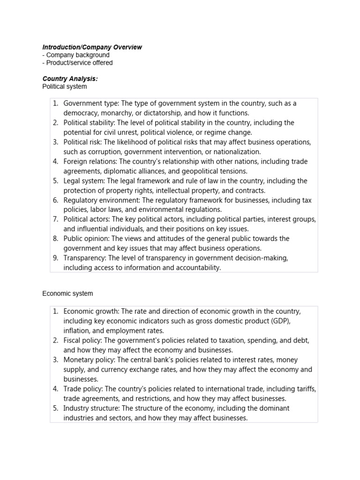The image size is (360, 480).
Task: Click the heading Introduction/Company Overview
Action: pyautogui.click(x=92, y=47)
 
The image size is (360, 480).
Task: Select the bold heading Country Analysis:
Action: pyautogui.click(x=70, y=79)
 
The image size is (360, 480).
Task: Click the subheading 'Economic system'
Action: pyautogui.click(x=67, y=293)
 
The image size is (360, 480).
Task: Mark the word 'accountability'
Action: pyautogui.click(x=197, y=268)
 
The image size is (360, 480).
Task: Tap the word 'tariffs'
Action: pyautogui.click(x=305, y=389)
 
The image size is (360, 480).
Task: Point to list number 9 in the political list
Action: pyautogui.click(x=55, y=258)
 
